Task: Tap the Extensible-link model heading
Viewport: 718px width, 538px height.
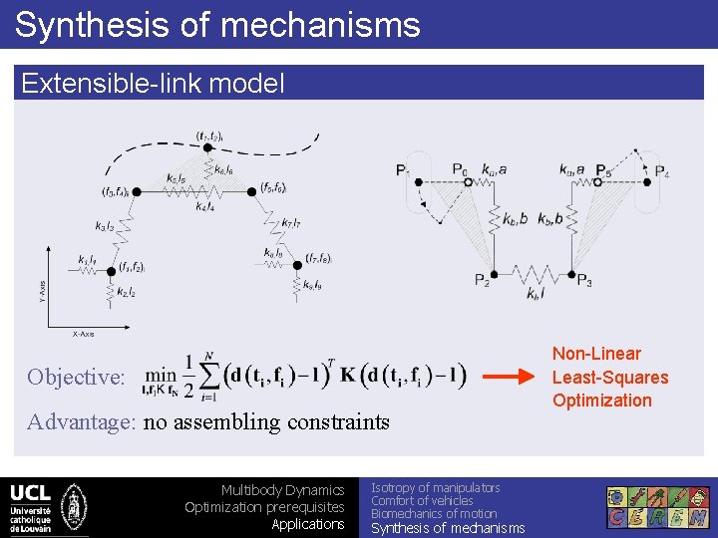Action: click(x=153, y=83)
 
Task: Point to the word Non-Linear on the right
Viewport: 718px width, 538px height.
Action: click(x=596, y=354)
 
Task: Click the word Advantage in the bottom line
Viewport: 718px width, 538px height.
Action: click(x=81, y=422)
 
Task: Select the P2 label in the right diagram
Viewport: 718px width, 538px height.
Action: click(x=483, y=280)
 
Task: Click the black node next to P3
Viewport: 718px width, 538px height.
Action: click(x=571, y=274)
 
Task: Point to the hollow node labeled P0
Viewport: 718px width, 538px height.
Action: click(x=458, y=182)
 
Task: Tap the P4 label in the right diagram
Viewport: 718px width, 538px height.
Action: click(x=661, y=172)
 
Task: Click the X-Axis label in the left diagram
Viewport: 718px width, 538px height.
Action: click(x=82, y=334)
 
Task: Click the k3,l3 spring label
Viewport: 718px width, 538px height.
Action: click(x=105, y=227)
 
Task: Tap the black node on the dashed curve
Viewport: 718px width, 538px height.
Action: click(x=207, y=147)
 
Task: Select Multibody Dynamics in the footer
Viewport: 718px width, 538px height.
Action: click(x=282, y=490)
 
